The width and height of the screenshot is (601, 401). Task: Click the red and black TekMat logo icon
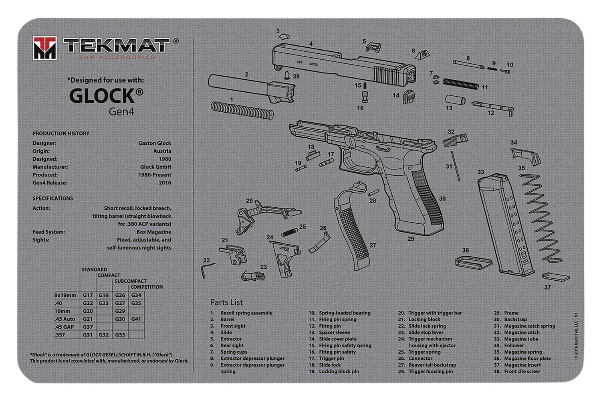[44, 48]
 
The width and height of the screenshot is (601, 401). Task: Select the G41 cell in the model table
[136, 319]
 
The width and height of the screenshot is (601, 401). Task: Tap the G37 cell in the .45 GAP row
[88, 327]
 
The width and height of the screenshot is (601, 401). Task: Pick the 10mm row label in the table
[63, 311]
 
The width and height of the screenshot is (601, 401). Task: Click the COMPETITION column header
[146, 287]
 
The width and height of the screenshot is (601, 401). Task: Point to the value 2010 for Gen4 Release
[165, 183]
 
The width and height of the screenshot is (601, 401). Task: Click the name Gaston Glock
[155, 143]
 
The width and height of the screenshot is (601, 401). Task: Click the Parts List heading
[226, 302]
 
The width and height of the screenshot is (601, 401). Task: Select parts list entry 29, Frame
[511, 313]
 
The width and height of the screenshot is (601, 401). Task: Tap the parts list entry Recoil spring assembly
[246, 313]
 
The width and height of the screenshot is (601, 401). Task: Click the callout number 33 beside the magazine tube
[481, 172]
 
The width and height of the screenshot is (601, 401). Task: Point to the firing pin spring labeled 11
[460, 84]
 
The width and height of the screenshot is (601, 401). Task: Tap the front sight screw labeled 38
[287, 75]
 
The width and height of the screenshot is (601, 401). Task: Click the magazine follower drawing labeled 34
[525, 156]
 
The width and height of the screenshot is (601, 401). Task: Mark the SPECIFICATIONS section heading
[53, 198]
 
